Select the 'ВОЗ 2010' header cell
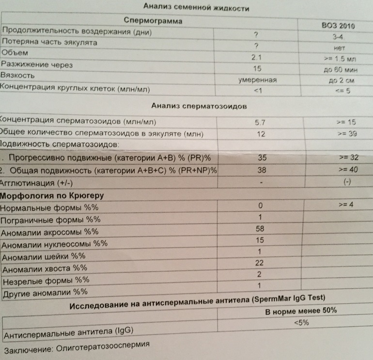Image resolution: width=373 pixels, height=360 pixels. pyautogui.click(x=338, y=26)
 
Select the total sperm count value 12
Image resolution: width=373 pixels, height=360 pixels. pyautogui.click(x=261, y=134)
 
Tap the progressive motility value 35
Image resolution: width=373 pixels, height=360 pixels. pyautogui.click(x=261, y=158)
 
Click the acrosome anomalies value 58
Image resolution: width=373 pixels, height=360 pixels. pyautogui.click(x=261, y=228)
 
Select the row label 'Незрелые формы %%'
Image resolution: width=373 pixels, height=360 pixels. pyautogui.click(x=46, y=281)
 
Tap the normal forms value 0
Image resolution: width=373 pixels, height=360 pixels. pyautogui.click(x=261, y=205)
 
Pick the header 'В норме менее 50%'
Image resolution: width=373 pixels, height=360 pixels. pyautogui.click(x=301, y=311)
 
